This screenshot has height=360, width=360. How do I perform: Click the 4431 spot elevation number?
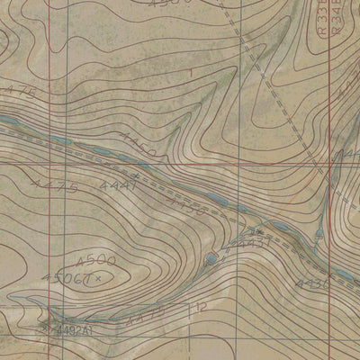[255, 242]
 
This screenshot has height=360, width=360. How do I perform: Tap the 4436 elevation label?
[315, 284]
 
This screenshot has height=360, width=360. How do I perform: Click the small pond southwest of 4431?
[210, 259]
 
